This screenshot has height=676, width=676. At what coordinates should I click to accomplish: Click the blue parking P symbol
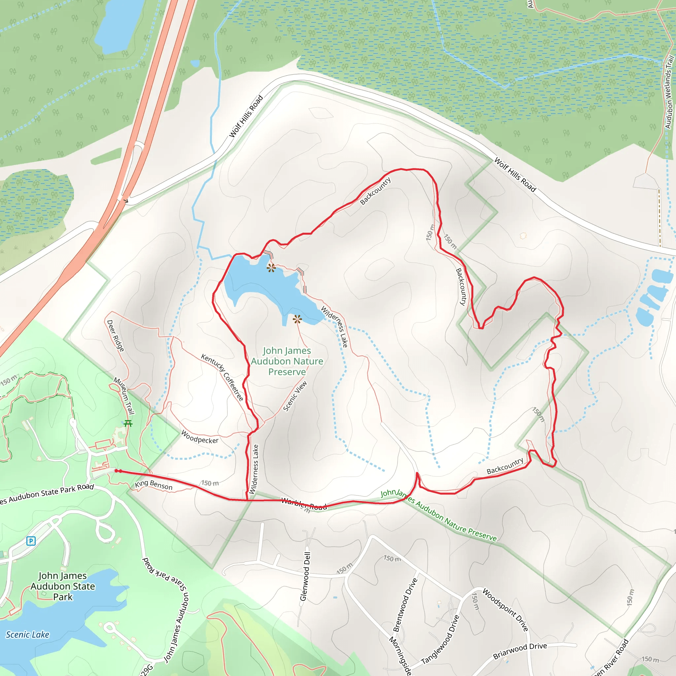click(31, 541)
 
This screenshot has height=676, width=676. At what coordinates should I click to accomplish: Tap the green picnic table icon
click(128, 424)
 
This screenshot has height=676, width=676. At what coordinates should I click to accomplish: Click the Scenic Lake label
click(27, 635)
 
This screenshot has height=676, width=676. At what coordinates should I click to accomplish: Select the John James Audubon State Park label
click(63, 586)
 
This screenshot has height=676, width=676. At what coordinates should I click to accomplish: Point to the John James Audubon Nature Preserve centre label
click(287, 361)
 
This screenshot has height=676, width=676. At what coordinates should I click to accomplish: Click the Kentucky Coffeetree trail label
click(222, 377)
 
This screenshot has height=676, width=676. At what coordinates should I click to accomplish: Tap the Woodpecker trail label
click(199, 437)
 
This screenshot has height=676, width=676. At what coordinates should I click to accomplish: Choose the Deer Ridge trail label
click(116, 336)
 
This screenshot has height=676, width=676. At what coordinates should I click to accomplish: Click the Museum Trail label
click(124, 396)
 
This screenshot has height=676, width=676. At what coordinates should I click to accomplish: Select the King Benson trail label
click(153, 485)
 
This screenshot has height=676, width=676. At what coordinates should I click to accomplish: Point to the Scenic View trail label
click(295, 396)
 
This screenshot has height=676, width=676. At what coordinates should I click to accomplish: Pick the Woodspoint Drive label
click(505, 610)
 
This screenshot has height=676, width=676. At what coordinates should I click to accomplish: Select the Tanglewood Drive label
click(440, 640)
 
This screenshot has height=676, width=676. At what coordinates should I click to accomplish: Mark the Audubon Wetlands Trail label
click(669, 93)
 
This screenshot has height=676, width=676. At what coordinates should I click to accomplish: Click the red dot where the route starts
click(117, 471)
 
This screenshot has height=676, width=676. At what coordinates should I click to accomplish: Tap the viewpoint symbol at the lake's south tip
click(297, 319)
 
